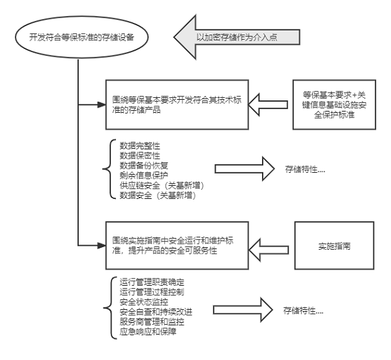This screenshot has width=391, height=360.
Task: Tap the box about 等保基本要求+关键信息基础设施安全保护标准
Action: point(334,104)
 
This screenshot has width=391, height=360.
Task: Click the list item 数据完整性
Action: point(134,144)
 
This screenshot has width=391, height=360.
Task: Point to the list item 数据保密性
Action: point(134,156)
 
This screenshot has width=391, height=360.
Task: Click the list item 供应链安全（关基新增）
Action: point(156,185)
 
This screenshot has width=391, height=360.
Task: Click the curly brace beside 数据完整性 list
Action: point(108,170)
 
